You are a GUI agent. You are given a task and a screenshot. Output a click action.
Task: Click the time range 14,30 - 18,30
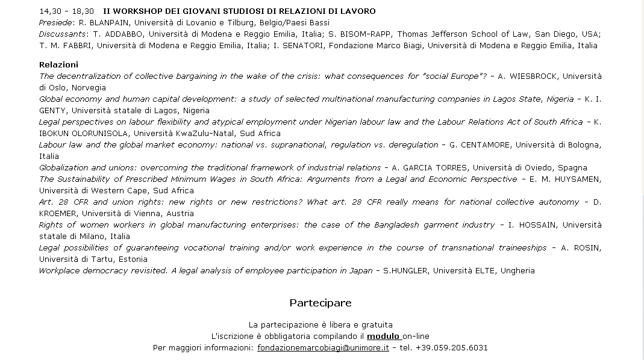(66, 11)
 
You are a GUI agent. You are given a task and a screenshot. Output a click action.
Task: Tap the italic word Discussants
(63, 34)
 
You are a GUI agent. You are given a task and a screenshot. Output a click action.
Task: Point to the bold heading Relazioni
(58, 65)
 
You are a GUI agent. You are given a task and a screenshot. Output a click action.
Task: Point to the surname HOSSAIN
(537, 225)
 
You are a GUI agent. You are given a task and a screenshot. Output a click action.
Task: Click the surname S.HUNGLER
(405, 271)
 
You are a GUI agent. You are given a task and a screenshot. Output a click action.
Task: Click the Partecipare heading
(320, 303)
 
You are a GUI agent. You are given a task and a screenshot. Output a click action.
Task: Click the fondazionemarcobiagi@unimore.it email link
(323, 348)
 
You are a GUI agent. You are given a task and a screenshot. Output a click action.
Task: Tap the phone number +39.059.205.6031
(451, 348)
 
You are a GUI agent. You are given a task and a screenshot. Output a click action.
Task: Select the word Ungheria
(516, 271)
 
